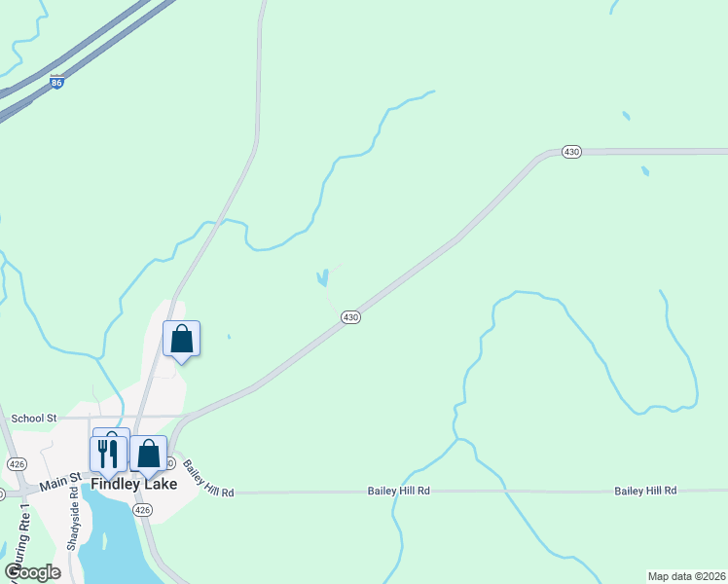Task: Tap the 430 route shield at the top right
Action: click(x=571, y=152)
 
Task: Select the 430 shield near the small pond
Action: click(x=351, y=317)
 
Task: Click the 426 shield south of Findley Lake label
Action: click(x=143, y=510)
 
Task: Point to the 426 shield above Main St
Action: click(x=17, y=462)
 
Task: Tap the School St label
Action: click(x=34, y=418)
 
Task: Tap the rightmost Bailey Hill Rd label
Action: click(x=645, y=492)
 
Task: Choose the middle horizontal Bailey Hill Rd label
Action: click(x=398, y=492)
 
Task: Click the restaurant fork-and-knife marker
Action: click(x=108, y=453)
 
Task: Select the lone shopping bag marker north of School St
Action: click(x=181, y=340)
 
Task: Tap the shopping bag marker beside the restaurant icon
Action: click(x=148, y=454)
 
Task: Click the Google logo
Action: click(x=33, y=572)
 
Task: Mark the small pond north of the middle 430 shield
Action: click(x=321, y=279)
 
